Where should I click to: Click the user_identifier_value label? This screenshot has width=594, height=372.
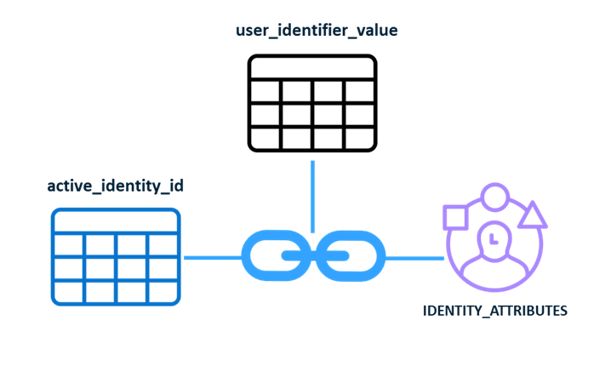coord(317,31)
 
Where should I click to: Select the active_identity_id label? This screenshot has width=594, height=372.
coord(115,186)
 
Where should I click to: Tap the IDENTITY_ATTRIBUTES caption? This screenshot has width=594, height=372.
coord(494,311)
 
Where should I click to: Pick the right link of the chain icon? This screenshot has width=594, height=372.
coord(351,255)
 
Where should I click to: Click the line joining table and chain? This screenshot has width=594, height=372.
coord(212,256)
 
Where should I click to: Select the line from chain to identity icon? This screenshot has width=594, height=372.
coord(415,256)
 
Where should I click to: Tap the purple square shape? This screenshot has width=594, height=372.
coord(455,218)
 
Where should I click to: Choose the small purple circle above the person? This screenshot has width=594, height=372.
coord(494,197)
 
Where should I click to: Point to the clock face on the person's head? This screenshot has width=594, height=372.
coord(494,238)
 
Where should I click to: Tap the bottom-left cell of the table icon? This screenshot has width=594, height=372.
coord(68,290)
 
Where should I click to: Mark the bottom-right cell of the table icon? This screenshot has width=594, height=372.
coord(163,290)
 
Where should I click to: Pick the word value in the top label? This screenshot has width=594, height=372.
coord(377,31)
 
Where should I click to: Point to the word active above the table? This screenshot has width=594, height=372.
coord(67,186)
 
